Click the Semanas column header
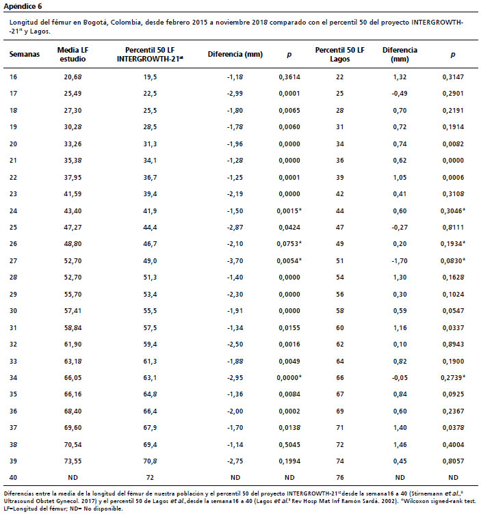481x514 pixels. [24, 55]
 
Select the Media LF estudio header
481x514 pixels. [73, 55]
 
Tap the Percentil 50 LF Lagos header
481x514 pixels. [339, 55]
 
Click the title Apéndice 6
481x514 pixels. [23, 6]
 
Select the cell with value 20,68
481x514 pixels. [73, 77]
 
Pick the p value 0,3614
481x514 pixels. [289, 77]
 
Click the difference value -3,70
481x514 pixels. [235, 261]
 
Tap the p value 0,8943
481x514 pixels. [453, 344]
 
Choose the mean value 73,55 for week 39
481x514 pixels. [73, 461]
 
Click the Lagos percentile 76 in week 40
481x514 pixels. [339, 478]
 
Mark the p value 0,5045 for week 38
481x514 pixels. [289, 445]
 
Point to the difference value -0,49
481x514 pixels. [400, 94]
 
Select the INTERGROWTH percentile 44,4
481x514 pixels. [150, 228]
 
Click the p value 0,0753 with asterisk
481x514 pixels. [289, 244]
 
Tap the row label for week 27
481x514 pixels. [13, 261]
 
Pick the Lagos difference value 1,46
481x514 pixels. [400, 445]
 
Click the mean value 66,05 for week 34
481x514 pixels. [73, 378]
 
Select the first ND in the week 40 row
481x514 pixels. [73, 478]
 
